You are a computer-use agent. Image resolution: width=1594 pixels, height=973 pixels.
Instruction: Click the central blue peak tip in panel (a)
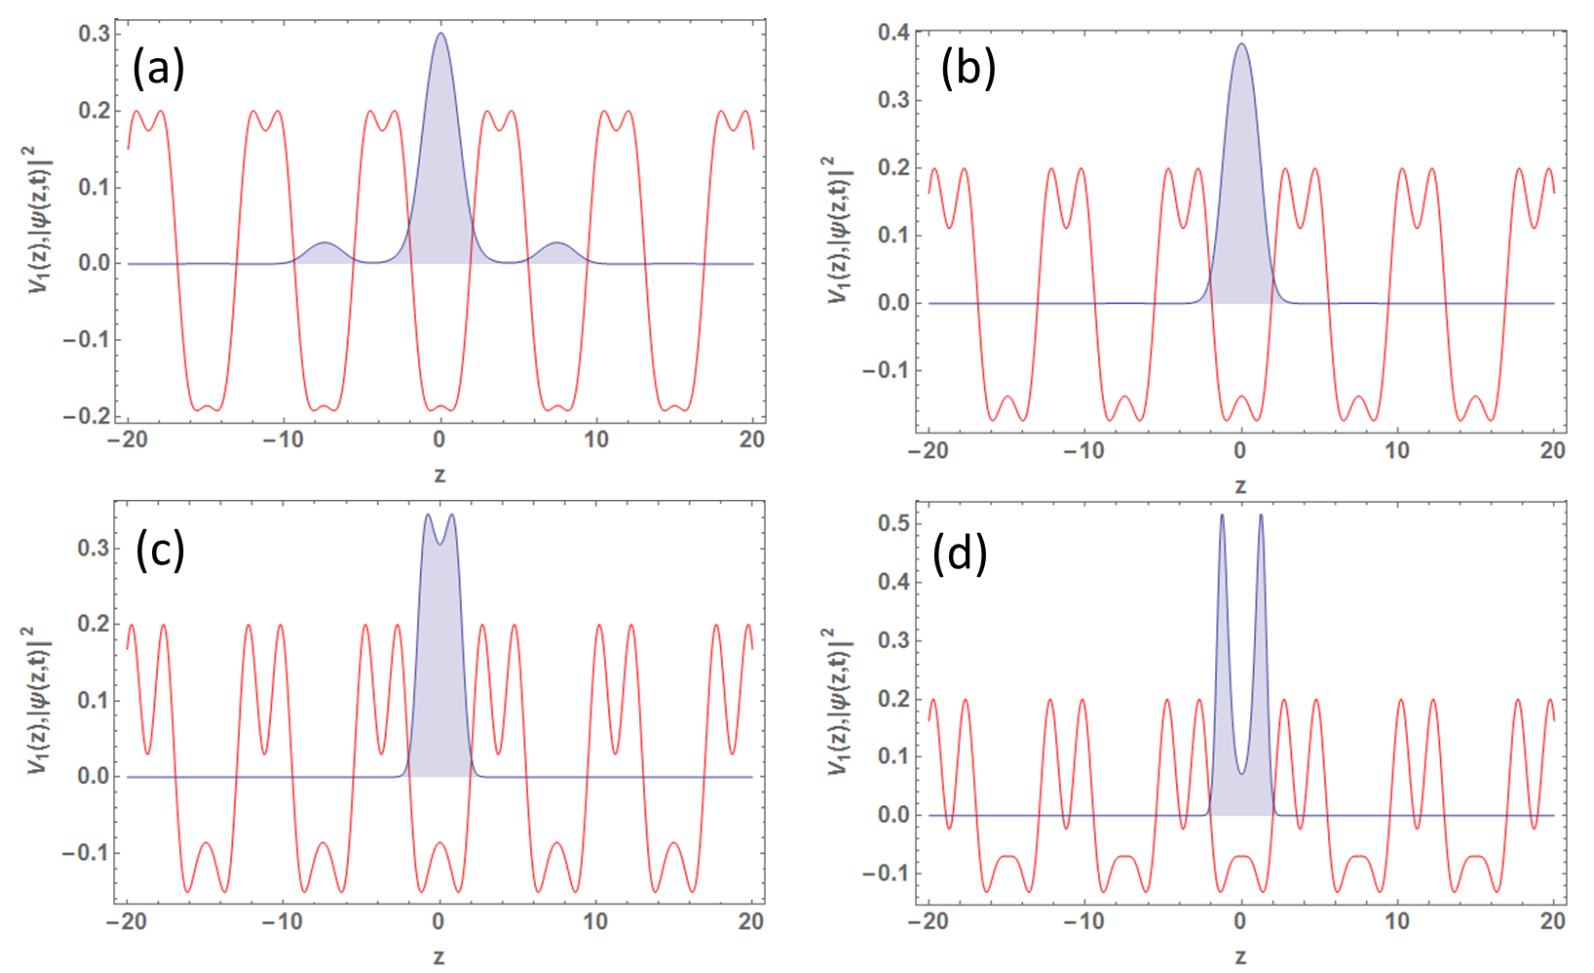(440, 34)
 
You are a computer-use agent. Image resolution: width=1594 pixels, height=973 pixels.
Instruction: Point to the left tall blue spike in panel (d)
(1222, 516)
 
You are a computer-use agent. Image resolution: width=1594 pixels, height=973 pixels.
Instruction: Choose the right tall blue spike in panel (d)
(1261, 516)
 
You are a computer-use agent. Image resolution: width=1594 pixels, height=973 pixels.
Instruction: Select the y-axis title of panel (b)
(839, 230)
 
